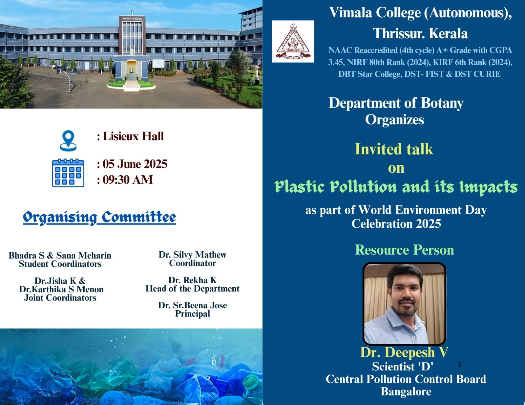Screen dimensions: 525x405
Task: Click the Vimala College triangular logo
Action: pos(293,41)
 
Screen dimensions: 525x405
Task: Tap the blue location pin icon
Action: pos(68,141)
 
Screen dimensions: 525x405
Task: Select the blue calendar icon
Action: pos(68,173)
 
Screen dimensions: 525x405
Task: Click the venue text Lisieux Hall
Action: pos(133,136)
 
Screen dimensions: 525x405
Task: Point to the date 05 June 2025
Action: pos(135,164)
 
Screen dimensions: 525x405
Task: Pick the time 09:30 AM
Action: pos(128,180)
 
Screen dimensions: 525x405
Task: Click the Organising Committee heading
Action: pos(99,218)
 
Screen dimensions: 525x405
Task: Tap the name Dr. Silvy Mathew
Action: pos(193,255)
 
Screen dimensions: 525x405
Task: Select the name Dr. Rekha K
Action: pos(193,280)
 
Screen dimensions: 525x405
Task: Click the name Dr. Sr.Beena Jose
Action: pos(193,305)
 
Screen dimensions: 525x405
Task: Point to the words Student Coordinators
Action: pos(60,264)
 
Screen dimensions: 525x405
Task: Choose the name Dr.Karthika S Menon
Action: pos(61,289)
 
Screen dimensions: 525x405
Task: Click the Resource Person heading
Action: pos(405,250)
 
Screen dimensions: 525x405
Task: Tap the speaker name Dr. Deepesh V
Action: pos(405,353)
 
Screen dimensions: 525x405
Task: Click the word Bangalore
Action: pos(406,392)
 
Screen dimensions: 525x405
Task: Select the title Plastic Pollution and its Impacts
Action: pos(396,187)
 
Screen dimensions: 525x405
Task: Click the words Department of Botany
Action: pos(396,103)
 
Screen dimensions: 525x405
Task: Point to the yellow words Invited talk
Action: pos(394,149)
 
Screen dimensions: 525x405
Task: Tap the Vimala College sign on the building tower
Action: pos(132,19)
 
